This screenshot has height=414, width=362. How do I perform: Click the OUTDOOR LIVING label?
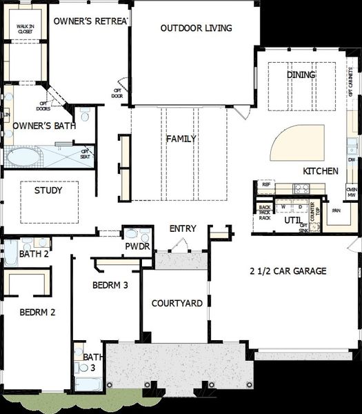tap(196, 28)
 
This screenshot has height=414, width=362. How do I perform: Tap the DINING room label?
tap(301, 75)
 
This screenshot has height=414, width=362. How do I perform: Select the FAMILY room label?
tap(181, 139)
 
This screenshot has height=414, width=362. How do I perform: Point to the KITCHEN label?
tap(320, 170)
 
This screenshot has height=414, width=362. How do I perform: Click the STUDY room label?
tap(48, 190)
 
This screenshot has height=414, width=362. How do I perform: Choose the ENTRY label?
tap(183, 228)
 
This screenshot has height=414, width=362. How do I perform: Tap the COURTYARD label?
tap(177, 303)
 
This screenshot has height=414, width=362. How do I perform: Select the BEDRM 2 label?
tap(38, 311)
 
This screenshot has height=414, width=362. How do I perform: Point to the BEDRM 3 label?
tap(110, 284)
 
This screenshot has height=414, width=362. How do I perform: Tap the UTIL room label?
tap(292, 220)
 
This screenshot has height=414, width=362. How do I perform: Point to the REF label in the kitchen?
tap(265, 185)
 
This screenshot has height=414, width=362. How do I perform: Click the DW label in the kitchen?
tap(352, 159)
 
